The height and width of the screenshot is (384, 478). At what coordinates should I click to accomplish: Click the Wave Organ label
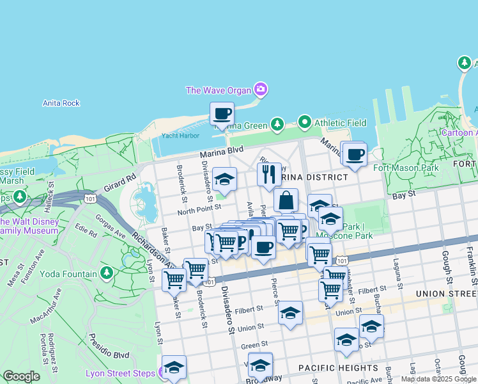click(x=218, y=90)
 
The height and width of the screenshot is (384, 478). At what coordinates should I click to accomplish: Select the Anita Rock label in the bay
click(x=61, y=103)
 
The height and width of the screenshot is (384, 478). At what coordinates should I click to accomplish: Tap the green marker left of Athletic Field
click(x=304, y=122)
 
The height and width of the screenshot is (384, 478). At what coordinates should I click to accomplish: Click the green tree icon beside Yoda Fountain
click(x=107, y=274)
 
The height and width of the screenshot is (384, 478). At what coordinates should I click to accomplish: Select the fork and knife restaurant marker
click(x=268, y=173)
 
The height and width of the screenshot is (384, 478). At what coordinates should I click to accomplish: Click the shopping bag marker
click(x=286, y=200)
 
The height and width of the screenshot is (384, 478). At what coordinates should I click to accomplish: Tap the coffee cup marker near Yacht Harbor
click(x=222, y=115)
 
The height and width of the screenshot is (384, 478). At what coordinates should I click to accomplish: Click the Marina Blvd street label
click(x=222, y=154)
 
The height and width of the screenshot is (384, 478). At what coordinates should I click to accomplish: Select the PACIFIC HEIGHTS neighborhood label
click(x=339, y=368)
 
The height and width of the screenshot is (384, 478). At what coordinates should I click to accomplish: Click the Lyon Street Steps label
click(x=120, y=374)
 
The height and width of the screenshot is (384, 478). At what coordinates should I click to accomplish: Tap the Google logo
click(x=21, y=376)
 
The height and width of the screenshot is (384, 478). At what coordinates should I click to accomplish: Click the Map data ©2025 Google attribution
click(x=439, y=379)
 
